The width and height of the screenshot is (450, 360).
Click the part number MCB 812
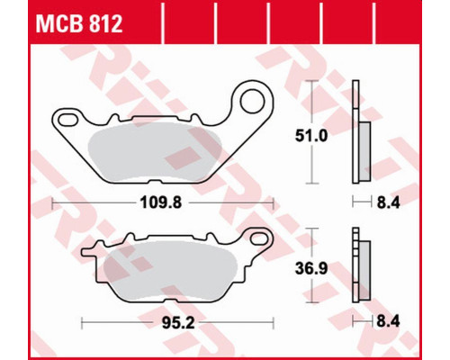[x=79, y=24]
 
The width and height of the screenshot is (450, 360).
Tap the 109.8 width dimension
[x=161, y=203]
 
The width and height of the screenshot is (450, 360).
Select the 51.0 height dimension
[x=311, y=136]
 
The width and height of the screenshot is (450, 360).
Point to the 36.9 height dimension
[x=311, y=269]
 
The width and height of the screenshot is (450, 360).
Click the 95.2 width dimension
[x=178, y=323]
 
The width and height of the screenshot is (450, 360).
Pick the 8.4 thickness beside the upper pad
[x=388, y=203]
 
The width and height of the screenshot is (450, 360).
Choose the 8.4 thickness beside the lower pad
[x=388, y=322]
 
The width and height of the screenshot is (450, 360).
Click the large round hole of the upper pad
[x=253, y=102]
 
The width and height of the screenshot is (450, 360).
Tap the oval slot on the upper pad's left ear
[x=67, y=120]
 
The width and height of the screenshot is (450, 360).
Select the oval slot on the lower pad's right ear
[x=259, y=239]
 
